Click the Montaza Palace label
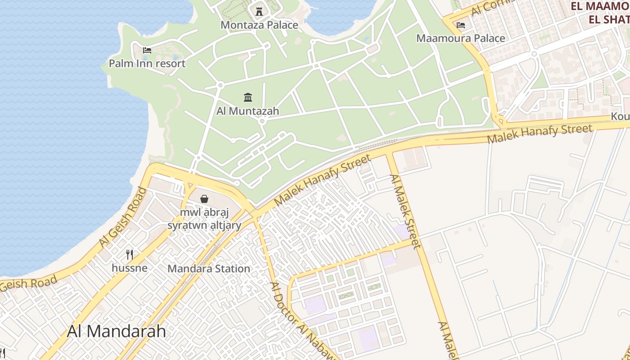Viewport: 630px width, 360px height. point(259,25)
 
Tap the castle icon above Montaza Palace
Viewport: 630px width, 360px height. point(259,11)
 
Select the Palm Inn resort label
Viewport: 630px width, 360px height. point(147,63)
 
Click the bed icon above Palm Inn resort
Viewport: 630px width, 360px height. point(147,50)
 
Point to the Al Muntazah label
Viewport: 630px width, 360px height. point(248,111)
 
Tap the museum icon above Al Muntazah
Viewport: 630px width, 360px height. point(248,97)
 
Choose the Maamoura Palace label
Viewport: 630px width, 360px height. point(461,38)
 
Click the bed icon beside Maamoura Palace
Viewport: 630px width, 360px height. point(461,25)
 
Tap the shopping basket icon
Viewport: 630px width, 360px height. point(204,198)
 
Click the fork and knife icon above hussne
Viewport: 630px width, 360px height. point(130,255)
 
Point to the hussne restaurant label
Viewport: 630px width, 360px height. point(130,268)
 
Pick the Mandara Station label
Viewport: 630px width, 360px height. point(209,269)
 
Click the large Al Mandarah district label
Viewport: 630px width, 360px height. point(117,331)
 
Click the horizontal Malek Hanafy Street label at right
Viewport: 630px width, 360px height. point(540,134)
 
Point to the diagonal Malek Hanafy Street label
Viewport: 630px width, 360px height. point(322,180)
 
